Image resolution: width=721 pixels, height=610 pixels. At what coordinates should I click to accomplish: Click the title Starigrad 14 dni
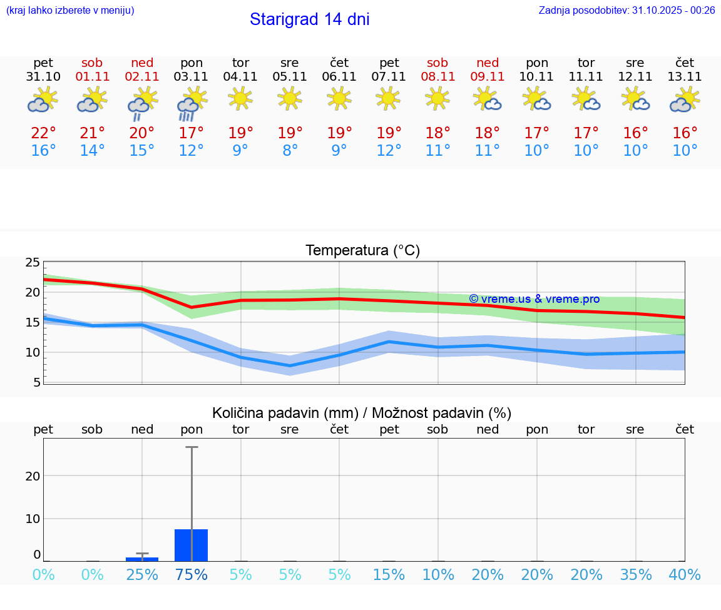point(309,19)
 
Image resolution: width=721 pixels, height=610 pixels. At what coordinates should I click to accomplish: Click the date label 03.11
point(192,77)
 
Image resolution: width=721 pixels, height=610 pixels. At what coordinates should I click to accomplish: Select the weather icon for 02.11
point(142,103)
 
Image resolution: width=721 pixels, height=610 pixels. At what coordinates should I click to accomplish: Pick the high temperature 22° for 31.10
point(43,133)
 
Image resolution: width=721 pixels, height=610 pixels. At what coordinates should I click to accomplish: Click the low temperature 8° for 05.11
point(290,151)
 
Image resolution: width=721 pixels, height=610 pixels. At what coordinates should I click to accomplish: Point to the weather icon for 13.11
point(685,100)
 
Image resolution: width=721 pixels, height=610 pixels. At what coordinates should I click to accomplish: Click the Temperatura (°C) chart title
point(362,250)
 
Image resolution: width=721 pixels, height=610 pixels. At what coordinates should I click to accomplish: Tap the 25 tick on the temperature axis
point(33,262)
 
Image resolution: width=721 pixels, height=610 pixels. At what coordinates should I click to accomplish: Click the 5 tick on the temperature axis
point(36,382)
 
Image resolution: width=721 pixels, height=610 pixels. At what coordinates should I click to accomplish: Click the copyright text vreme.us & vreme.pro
point(534,299)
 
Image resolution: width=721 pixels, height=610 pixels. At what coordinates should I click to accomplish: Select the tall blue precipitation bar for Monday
point(192,545)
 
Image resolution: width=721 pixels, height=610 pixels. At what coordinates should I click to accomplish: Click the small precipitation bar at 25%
point(142,559)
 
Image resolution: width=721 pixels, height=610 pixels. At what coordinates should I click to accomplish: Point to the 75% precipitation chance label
point(192,574)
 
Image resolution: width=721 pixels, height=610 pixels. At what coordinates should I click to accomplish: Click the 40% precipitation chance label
point(685,574)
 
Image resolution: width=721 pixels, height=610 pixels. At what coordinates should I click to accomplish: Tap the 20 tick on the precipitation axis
point(33,475)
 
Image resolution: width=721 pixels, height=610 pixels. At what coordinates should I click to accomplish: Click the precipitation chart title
point(362,413)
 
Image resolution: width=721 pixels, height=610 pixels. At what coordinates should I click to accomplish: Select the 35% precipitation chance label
point(636,574)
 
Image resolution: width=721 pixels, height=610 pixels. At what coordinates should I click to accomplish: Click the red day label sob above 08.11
point(437,63)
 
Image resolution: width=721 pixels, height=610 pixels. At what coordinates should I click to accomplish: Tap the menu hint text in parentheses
point(70,10)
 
